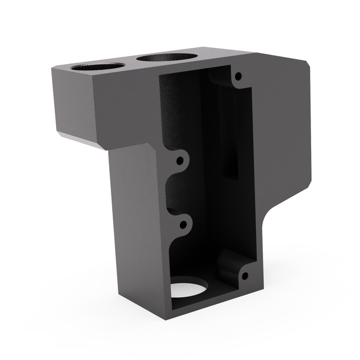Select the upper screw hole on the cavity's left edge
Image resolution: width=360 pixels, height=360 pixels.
(179, 160)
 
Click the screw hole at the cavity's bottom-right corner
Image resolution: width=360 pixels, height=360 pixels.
(245, 276)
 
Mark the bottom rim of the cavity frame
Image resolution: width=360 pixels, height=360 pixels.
(216, 305)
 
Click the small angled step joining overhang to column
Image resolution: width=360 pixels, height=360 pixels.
(154, 149)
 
